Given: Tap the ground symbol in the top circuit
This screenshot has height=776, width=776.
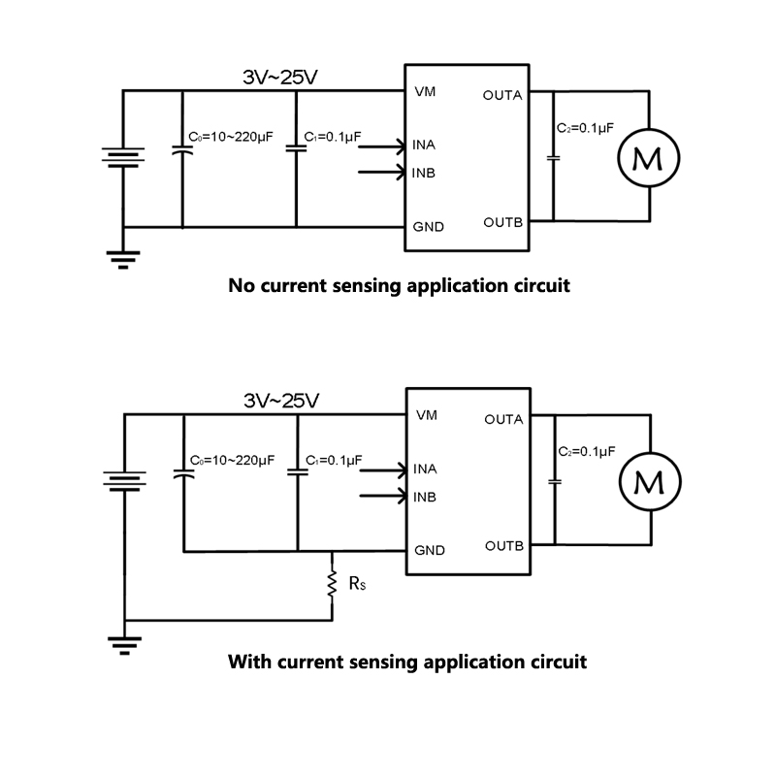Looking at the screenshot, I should (x=123, y=258).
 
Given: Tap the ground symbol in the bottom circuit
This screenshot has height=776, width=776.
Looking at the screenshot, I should (x=124, y=643).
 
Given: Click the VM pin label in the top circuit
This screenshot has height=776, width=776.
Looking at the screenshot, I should (x=425, y=92).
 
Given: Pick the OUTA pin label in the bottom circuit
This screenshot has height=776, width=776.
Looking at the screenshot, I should (x=503, y=419).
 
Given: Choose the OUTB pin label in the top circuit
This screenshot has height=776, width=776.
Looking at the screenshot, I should (x=503, y=222).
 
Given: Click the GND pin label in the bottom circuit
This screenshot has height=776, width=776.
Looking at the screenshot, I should (x=429, y=550).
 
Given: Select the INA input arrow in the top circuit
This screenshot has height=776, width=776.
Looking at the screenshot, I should (x=383, y=146).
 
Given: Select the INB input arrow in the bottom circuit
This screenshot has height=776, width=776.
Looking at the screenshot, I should (x=383, y=497).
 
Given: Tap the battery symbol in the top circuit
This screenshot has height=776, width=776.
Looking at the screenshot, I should (x=123, y=157).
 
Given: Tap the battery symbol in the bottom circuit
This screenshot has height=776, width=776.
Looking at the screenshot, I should (x=124, y=480).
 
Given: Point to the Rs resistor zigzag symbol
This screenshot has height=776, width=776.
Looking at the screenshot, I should (x=332, y=583).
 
